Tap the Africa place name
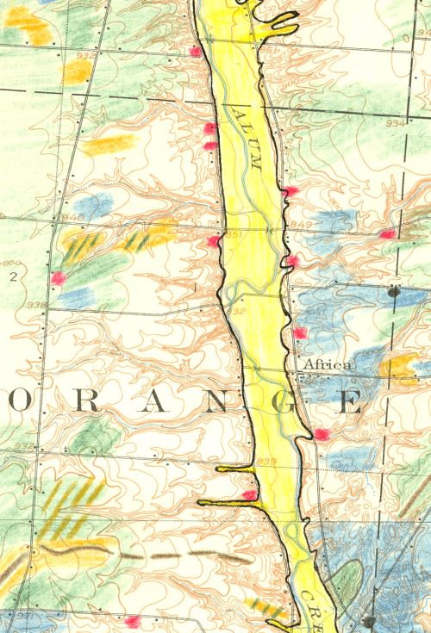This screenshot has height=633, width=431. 327,365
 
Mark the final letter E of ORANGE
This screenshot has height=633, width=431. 348,402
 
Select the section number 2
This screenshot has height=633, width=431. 13,277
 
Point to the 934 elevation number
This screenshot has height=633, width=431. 395,124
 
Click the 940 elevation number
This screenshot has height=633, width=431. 72,218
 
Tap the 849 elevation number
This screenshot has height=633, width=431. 301,226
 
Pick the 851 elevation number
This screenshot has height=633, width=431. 231,234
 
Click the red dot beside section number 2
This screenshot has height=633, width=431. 59,277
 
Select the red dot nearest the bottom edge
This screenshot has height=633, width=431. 132,621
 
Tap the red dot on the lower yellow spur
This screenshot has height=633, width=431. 249,494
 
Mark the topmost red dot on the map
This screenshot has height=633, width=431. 196,53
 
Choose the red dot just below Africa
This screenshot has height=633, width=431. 322,434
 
